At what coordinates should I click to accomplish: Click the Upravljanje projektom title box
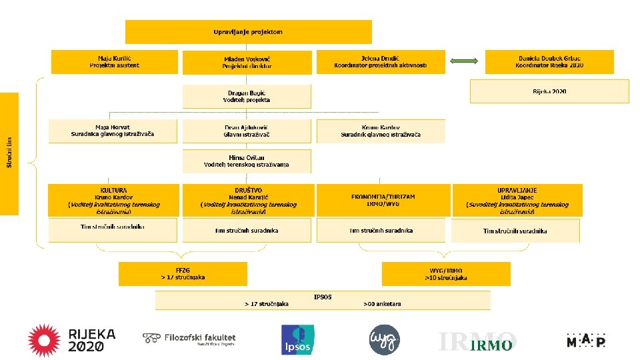pyautogui.click(x=248, y=31)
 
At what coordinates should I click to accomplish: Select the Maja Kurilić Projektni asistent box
pyautogui.click(x=115, y=62)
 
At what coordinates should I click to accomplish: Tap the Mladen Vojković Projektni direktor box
pyautogui.click(x=247, y=63)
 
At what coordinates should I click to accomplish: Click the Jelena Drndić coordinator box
pyautogui.click(x=380, y=62)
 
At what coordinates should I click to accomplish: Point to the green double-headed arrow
pyautogui.click(x=465, y=61)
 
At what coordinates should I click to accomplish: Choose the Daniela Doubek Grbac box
pyautogui.click(x=549, y=62)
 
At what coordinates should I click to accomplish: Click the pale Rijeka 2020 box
pyautogui.click(x=549, y=91)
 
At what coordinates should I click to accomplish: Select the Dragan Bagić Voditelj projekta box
pyautogui.click(x=247, y=96)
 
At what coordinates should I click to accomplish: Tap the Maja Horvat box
pyautogui.click(x=113, y=131)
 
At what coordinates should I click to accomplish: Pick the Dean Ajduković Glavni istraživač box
pyautogui.click(x=247, y=131)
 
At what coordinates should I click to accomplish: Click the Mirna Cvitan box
pyautogui.click(x=247, y=161)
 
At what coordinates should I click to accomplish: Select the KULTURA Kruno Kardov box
pyautogui.click(x=113, y=200)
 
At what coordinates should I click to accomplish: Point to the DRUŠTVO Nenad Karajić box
pyautogui.click(x=247, y=200)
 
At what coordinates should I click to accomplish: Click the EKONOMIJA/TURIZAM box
pyautogui.click(x=383, y=200)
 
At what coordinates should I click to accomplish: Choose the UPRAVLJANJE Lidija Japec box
pyautogui.click(x=517, y=200)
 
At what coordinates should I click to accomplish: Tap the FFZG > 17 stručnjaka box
pyautogui.click(x=183, y=273)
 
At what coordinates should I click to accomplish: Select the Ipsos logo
pyautogui.click(x=297, y=340)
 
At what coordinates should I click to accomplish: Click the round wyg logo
pyautogui.click(x=385, y=340)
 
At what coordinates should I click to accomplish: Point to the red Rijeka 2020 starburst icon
pyautogui.click(x=44, y=340)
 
